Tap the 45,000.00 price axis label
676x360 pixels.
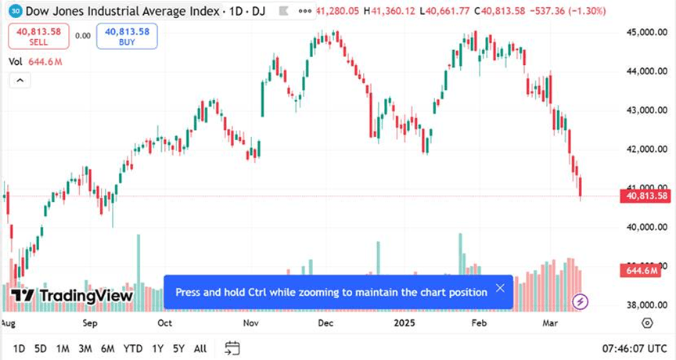click(646, 32)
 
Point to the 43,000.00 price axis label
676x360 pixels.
click(646, 110)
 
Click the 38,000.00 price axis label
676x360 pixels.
click(646, 305)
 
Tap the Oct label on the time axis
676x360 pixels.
click(165, 322)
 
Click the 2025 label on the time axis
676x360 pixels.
click(405, 322)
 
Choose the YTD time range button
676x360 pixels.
click(133, 348)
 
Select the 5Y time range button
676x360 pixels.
click(179, 348)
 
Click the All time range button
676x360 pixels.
click(200, 348)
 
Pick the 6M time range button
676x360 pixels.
click(107, 348)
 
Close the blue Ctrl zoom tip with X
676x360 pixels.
click(500, 289)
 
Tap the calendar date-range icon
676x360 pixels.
click(232, 347)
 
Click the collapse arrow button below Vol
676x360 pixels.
click(19, 81)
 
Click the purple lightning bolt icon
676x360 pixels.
click(581, 301)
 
